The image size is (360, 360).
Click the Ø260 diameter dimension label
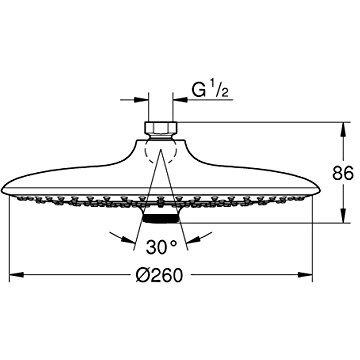coord(160,275)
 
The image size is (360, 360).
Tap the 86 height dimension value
coord(343,173)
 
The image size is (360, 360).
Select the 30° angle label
coord(161,247)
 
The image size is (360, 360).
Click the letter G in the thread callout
coord(199,90)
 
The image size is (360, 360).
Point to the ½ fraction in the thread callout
coord(219,90)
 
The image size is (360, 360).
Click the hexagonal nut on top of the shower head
coord(161,127)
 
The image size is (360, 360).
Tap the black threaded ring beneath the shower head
coord(161,219)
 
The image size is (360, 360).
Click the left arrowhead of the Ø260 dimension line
coord(16,275)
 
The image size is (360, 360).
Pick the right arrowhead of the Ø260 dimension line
coord(305,275)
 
